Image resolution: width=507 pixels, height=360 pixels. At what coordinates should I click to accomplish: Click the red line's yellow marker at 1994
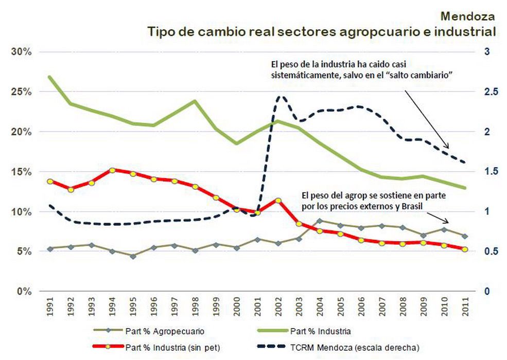(112, 170)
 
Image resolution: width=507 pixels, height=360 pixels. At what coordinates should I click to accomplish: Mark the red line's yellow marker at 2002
(278, 200)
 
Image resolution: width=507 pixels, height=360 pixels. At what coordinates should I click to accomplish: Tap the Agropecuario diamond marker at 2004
(320, 221)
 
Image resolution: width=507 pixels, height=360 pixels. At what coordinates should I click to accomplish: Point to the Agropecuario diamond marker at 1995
(133, 256)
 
